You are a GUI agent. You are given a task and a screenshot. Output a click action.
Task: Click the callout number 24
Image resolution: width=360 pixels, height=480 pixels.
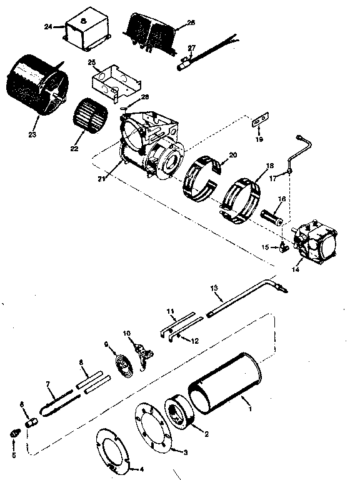pos(48,27)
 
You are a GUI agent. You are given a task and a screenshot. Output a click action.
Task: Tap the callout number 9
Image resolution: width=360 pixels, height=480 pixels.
pos(106,344)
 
